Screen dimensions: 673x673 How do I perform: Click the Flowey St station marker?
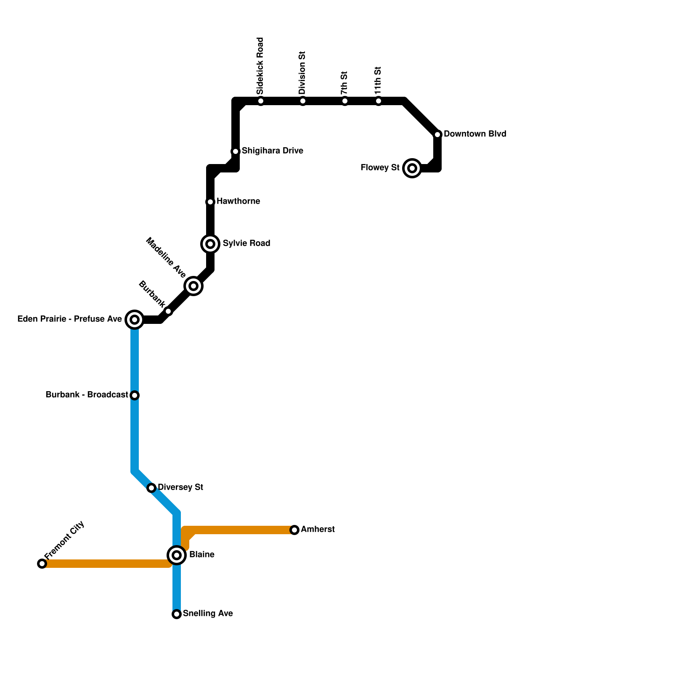point(412,168)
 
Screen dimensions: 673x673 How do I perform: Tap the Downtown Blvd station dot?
point(437,135)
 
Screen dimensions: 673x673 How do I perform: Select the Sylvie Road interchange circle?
point(210,244)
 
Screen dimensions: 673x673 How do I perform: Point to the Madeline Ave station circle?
point(193,286)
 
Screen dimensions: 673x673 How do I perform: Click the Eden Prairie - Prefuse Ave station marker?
point(135,320)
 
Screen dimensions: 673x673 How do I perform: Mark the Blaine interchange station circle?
point(177,555)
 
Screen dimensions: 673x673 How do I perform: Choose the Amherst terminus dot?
point(294,530)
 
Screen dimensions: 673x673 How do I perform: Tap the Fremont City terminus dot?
point(42,564)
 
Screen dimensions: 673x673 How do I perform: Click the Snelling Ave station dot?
point(177,614)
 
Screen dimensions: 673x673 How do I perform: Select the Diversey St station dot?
point(151,488)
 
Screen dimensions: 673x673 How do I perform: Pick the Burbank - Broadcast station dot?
point(135,395)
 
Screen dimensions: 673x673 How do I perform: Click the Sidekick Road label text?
point(260,66)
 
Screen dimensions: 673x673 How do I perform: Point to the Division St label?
point(302,73)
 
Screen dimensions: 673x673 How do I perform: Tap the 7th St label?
point(344,83)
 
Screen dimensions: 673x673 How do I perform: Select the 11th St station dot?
point(379,101)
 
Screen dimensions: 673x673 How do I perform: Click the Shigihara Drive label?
point(272,151)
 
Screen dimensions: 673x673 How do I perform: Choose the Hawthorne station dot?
point(210,202)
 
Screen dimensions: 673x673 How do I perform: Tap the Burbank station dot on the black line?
point(168,311)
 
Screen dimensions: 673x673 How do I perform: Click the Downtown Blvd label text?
point(474,134)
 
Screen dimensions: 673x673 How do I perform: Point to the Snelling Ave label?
point(208,614)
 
